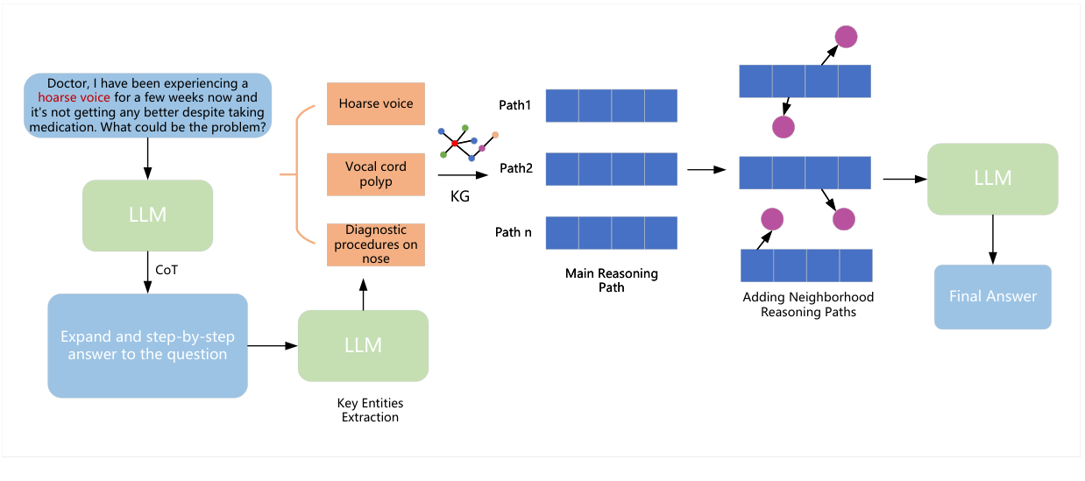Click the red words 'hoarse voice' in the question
74,98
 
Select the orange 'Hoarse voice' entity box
375,104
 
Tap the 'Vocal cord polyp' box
375,174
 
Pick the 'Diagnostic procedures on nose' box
375,244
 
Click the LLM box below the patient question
147,215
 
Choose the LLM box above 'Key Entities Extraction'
363,345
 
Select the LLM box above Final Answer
992,179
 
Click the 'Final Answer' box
992,296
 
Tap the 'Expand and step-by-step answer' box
147,345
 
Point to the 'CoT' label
167,270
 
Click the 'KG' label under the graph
459,197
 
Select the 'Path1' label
514,104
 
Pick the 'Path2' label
515,168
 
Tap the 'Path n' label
514,232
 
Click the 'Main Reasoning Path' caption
611,280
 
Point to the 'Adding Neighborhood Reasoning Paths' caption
807,304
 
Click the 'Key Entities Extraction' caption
370,410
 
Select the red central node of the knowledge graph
455,143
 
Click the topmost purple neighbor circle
846,36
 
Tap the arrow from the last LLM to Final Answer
992,239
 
